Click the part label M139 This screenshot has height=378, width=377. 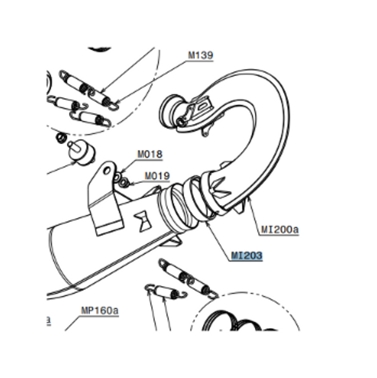pyautogui.click(x=200, y=55)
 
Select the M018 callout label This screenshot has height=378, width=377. pyautogui.click(x=150, y=154)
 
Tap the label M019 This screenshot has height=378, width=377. pyautogui.click(x=157, y=176)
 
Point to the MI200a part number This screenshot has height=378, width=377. pyautogui.click(x=280, y=229)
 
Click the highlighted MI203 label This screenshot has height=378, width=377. pyautogui.click(x=247, y=256)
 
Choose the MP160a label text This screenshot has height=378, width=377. pyautogui.click(x=100, y=310)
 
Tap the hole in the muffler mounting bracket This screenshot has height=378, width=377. pyautogui.click(x=107, y=170)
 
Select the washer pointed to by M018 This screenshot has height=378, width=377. pyautogui.click(x=117, y=177)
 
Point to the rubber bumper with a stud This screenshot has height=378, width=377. pyautogui.click(x=81, y=153)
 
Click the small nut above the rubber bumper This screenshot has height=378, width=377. pyautogui.click(x=61, y=138)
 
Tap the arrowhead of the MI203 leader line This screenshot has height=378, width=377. pyautogui.click(x=206, y=222)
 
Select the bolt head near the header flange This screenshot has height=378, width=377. pyautogui.click(x=180, y=122)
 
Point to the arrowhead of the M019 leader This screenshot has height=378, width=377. pyautogui.click(x=131, y=184)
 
